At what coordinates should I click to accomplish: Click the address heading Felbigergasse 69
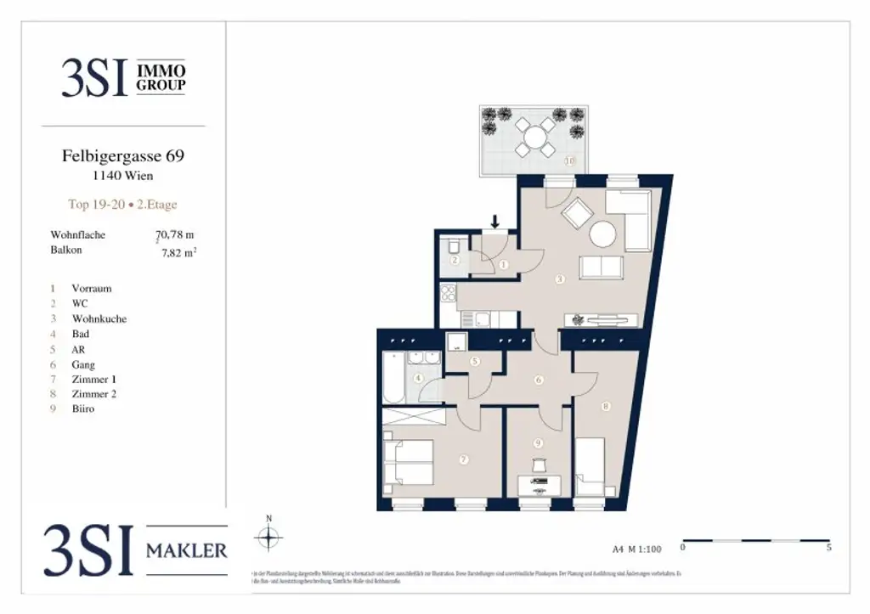(x=123, y=156)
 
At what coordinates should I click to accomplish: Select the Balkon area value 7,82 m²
(x=179, y=251)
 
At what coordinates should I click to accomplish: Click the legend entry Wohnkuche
(x=99, y=318)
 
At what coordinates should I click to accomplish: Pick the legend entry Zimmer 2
(x=93, y=393)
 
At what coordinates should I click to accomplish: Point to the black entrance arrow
(x=495, y=223)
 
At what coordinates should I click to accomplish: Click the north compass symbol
(x=268, y=537)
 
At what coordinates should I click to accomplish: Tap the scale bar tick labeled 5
(x=828, y=549)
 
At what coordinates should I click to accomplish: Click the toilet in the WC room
(x=455, y=246)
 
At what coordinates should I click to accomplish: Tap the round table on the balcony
(x=534, y=136)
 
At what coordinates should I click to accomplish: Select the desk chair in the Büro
(x=538, y=465)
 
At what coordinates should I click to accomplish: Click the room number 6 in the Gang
(x=538, y=380)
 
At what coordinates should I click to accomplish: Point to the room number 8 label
(x=605, y=407)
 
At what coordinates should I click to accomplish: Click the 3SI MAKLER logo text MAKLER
(x=187, y=551)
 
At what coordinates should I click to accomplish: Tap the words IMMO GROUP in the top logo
(x=161, y=78)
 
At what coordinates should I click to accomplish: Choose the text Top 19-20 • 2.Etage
(x=122, y=205)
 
